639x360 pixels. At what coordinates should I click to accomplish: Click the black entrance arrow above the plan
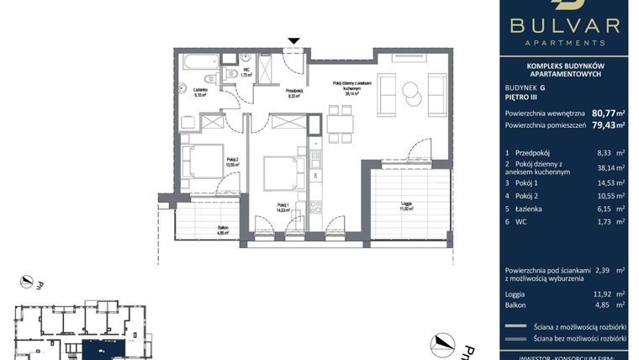pyautogui.click(x=293, y=40)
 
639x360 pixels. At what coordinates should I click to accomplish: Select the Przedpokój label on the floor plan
pyautogui.click(x=293, y=93)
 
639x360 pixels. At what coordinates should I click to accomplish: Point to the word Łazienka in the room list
pyautogui.click(x=534, y=209)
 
